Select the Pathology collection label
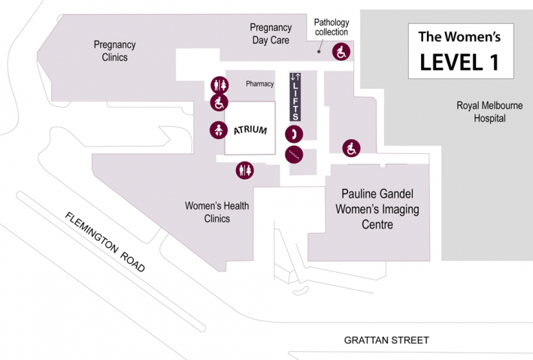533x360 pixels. tap(331, 27)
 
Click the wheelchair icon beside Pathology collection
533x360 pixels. tap(341, 53)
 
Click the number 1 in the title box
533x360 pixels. tap(494, 62)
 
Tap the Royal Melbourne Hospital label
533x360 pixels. tap(489, 112)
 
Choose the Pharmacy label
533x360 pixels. tap(259, 84)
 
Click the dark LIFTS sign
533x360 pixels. tap(295, 96)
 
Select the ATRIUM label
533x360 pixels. tap(250, 130)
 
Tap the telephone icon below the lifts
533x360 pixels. tap(294, 135)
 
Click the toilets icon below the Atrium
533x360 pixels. tap(245, 171)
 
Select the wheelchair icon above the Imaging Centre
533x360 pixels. tap(351, 148)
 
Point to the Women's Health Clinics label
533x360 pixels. tap(217, 212)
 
